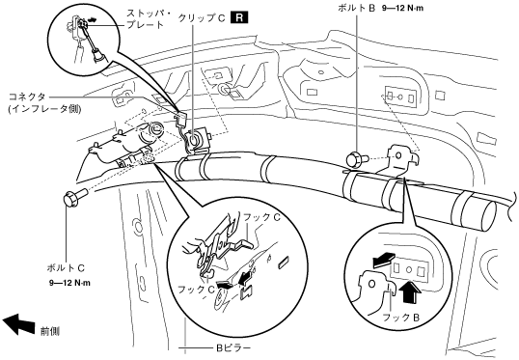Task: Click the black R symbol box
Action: click(239, 17)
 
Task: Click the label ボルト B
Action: click(356, 9)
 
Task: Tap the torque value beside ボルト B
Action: click(402, 9)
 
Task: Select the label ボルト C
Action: click(66, 267)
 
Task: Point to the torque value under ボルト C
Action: click(69, 283)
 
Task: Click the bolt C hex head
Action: click(69, 199)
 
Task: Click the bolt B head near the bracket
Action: click(353, 158)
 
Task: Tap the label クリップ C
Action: click(202, 18)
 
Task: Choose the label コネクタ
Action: click(26, 97)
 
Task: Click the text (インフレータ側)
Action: click(44, 109)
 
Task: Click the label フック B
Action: click(401, 318)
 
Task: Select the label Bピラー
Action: click(233, 347)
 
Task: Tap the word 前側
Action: click(50, 331)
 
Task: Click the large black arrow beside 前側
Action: click(19, 323)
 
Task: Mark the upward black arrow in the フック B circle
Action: click(410, 291)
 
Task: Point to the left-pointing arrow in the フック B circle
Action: click(384, 260)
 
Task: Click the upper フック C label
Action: click(261, 217)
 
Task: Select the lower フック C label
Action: click(197, 290)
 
